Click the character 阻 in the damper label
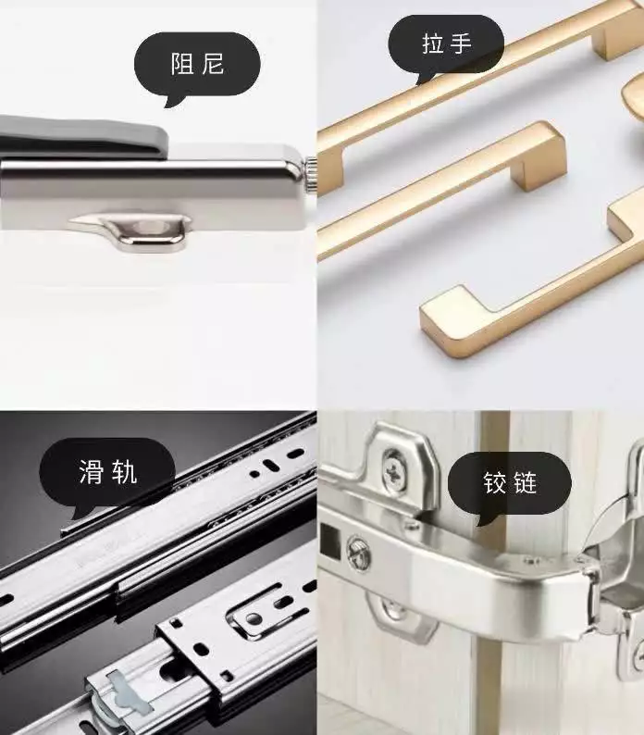tap(182, 64)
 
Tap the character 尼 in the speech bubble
tap(215, 64)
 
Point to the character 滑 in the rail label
tap(92, 472)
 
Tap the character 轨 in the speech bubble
tap(123, 472)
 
